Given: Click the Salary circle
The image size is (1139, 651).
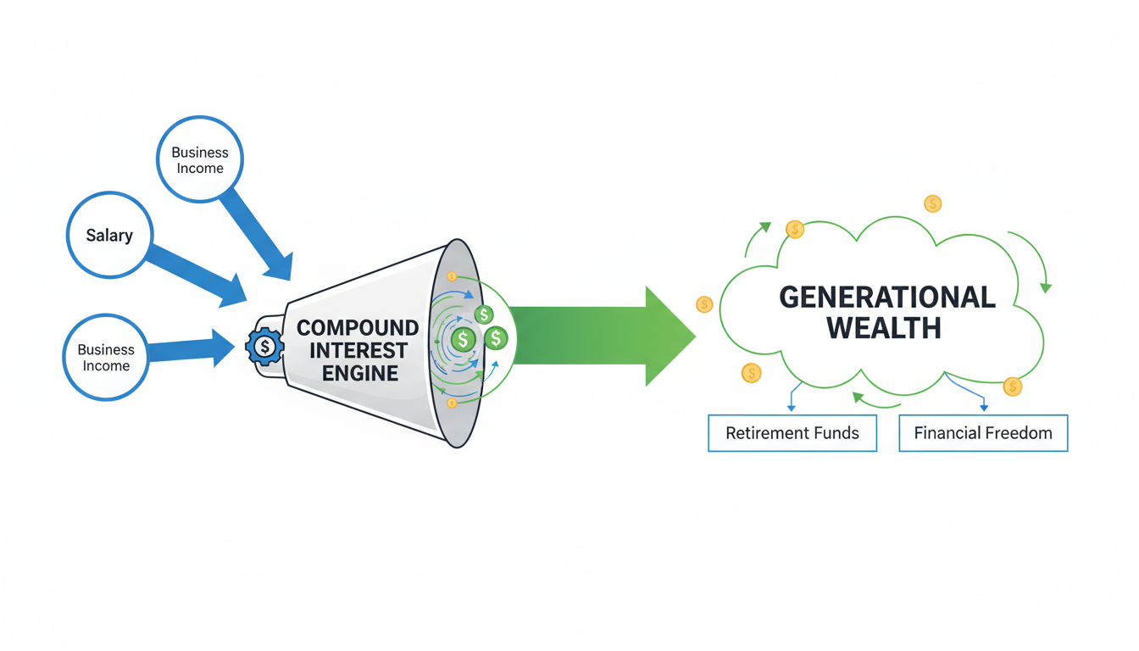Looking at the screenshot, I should point(109,235).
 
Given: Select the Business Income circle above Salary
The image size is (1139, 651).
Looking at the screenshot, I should point(200,159).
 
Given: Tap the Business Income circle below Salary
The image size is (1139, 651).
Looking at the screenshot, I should point(106,357).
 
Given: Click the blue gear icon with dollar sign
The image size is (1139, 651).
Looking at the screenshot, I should point(265,346).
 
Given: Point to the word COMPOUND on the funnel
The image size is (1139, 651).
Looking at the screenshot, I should point(358,328).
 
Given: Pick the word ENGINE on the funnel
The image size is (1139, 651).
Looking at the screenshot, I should point(360,373).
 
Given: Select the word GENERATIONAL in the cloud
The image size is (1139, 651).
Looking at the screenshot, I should point(886,297).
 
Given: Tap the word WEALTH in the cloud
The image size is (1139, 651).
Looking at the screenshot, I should point(884,328).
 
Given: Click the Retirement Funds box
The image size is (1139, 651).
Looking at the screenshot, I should point(792,433).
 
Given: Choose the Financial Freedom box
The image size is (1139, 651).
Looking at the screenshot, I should point(983,433).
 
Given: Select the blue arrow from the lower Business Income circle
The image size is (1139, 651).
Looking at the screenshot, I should point(191,348).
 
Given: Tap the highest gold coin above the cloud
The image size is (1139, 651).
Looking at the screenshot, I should point(932,203).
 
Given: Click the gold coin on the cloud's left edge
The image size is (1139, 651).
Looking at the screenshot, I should point(704,304).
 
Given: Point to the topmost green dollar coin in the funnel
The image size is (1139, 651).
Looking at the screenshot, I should point(484,315).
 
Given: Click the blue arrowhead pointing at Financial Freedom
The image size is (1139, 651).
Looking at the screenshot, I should point(984,408).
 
